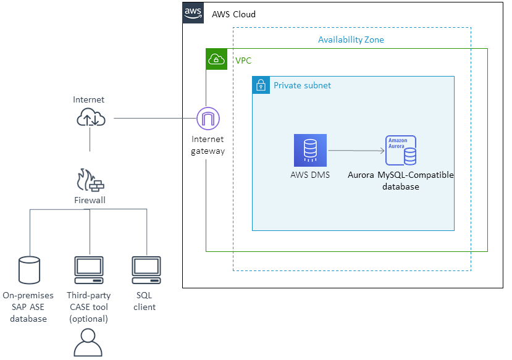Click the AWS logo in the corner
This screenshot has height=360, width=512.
(193, 13)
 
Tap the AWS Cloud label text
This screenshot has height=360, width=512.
(233, 14)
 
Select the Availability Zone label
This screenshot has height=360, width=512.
(351, 40)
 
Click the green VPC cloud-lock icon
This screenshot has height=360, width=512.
(217, 59)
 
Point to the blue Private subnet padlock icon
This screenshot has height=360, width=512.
(261, 85)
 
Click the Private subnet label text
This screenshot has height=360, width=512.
(302, 85)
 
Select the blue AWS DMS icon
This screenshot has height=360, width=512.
(310, 150)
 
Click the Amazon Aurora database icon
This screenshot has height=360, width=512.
(400, 151)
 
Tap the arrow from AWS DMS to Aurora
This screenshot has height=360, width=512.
(355, 150)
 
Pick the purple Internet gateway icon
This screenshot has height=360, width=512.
(208, 118)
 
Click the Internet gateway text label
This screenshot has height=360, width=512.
(208, 145)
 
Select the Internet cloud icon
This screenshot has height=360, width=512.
(91, 117)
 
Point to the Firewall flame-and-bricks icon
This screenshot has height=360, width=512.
(90, 180)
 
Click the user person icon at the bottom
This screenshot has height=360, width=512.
(88, 343)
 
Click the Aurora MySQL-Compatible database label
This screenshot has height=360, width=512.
(400, 180)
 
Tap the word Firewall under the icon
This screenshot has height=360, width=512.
(90, 200)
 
